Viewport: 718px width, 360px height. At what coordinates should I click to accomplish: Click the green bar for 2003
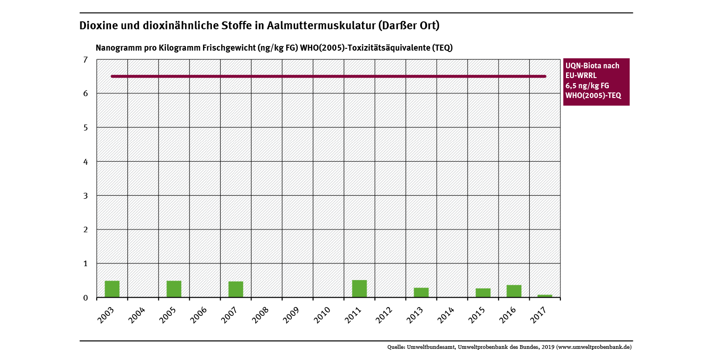112,289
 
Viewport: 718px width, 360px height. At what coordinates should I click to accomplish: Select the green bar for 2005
174,289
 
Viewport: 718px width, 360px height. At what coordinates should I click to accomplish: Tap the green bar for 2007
236,289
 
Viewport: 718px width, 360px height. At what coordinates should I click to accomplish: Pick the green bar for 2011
359,288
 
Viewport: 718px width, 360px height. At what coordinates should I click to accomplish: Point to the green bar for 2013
421,293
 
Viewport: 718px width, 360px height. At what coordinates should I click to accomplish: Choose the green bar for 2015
483,293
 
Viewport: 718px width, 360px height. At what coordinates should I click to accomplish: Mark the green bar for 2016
514,291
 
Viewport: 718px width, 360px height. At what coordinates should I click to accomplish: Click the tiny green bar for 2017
545,296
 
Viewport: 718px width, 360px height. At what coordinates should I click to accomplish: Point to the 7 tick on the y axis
85,59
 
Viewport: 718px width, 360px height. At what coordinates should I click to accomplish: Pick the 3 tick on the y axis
85,196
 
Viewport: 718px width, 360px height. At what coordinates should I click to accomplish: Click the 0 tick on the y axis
85,298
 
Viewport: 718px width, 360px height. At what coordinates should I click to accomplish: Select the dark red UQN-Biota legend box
596,82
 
